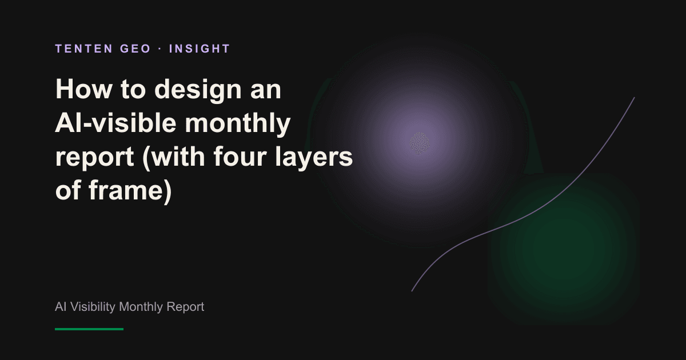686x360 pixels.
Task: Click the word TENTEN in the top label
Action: [84, 49]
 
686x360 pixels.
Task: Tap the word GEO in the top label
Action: [135, 49]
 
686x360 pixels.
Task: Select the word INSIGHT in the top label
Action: [200, 49]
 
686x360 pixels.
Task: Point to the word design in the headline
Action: [198, 90]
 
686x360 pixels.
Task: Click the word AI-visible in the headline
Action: [115, 123]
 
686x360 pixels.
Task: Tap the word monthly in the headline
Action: [238, 124]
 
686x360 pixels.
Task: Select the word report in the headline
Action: [95, 157]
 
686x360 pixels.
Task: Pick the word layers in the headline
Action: [314, 157]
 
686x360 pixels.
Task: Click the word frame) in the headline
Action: [130, 191]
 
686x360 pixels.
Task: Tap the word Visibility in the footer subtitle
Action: [93, 307]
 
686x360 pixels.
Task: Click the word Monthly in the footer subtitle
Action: [141, 307]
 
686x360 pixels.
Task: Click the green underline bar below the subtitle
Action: [89, 329]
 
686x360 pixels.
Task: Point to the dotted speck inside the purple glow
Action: [420, 143]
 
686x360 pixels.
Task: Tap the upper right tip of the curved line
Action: [634, 98]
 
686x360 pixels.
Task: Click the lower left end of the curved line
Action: [412, 291]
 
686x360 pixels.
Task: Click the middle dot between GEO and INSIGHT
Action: [160, 49]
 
